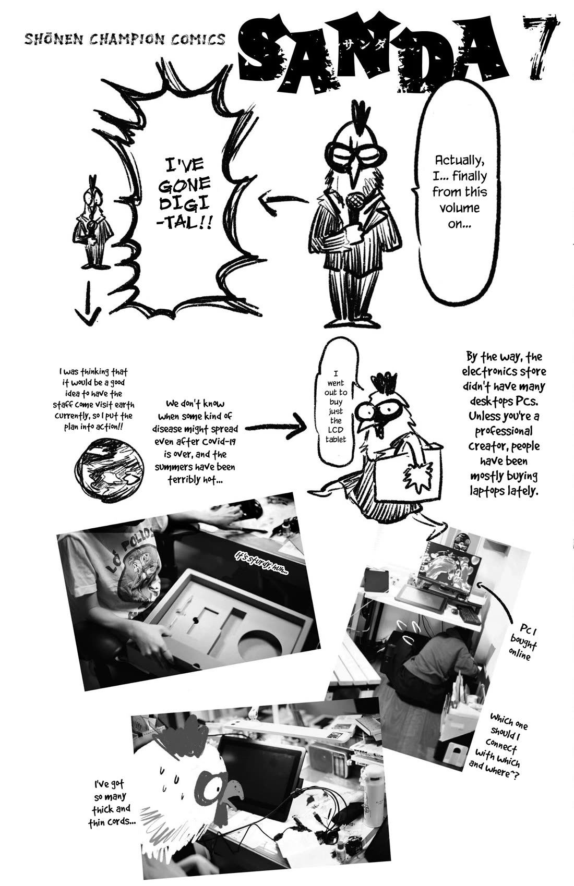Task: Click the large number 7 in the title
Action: (543, 50)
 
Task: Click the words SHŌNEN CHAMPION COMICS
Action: (125, 39)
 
